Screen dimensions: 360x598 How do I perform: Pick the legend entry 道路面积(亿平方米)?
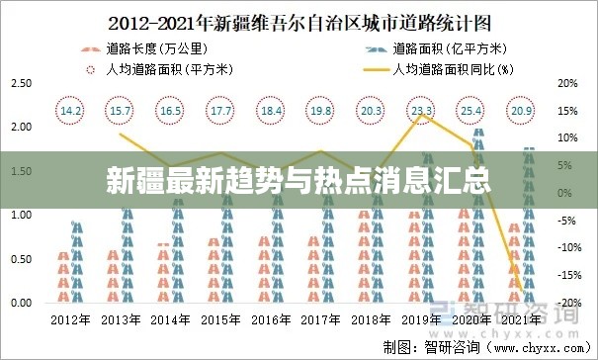click(451, 47)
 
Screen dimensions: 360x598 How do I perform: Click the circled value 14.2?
click(71, 111)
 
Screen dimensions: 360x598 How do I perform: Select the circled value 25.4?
click(471, 111)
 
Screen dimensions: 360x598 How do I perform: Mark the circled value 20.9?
click(521, 111)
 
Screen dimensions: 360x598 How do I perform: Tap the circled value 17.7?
click(221, 111)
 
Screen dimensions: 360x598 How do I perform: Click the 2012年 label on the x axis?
click(71, 319)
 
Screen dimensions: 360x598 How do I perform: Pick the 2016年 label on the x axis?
click(271, 319)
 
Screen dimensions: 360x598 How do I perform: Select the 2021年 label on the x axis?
click(521, 319)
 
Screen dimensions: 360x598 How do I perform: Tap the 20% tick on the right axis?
click(567, 83)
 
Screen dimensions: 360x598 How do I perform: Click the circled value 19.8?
click(321, 111)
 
